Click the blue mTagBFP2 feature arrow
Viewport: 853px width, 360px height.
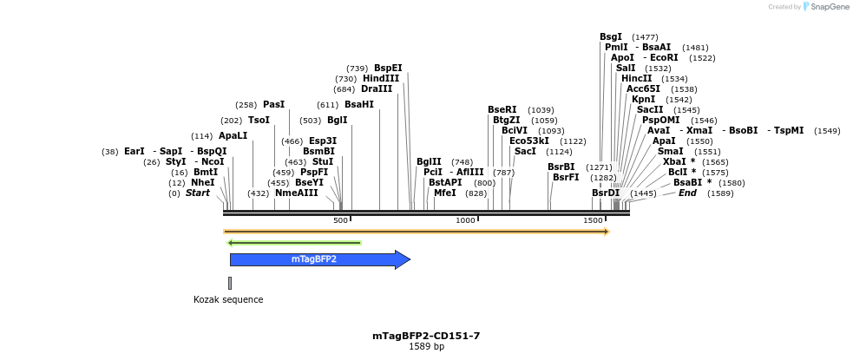click(x=317, y=259)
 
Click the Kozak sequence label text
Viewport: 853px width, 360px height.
click(x=228, y=300)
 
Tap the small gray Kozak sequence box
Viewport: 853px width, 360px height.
click(x=230, y=283)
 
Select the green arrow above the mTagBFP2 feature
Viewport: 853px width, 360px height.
click(x=293, y=243)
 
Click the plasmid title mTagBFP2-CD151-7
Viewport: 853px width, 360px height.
click(x=426, y=336)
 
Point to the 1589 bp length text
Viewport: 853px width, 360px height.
click(x=426, y=347)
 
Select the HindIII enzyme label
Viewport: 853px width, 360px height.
click(x=381, y=78)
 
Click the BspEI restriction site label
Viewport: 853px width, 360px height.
click(x=388, y=68)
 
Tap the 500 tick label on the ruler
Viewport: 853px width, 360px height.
click(x=341, y=220)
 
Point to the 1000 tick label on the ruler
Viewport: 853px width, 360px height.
click(x=466, y=220)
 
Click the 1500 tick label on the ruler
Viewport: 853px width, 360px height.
click(x=594, y=220)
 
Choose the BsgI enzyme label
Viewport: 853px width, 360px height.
click(x=611, y=36)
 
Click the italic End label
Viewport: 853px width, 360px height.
click(x=687, y=193)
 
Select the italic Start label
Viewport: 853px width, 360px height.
click(x=198, y=193)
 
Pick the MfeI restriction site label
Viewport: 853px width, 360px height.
click(x=444, y=193)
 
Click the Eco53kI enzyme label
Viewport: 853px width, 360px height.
click(x=529, y=141)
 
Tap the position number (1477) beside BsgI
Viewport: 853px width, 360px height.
click(x=645, y=37)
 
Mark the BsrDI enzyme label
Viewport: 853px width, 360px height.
click(x=606, y=193)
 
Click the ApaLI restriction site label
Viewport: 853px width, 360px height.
click(x=233, y=135)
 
